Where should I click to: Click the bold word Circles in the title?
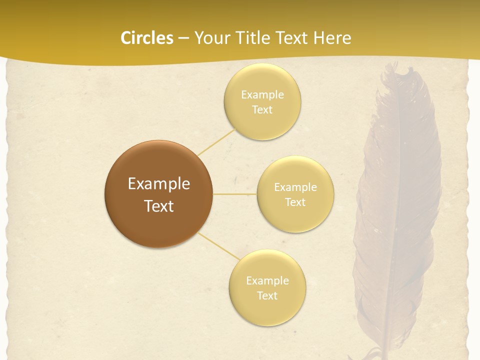(x=147, y=38)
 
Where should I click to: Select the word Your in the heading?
(x=209, y=38)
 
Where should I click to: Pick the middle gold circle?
(x=295, y=217)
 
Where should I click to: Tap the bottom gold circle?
(x=267, y=310)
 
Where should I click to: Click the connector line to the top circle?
(x=216, y=141)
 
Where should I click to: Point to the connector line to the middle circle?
(x=235, y=194)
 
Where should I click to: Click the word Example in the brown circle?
(x=158, y=184)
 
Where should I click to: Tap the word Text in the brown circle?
(x=158, y=206)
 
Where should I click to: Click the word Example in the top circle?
(x=262, y=95)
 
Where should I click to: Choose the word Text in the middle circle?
(x=295, y=202)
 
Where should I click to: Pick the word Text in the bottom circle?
(x=267, y=295)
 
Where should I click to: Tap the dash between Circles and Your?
(x=183, y=38)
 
